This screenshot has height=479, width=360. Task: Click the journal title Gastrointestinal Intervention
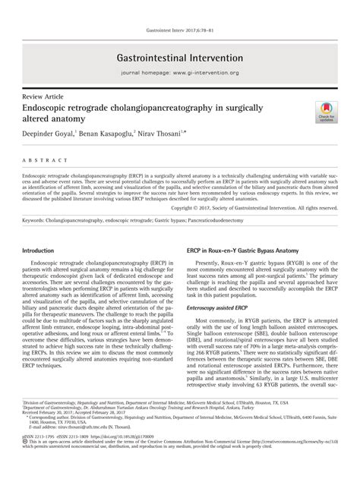[179, 57]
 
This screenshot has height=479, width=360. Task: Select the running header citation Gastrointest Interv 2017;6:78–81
[179, 31]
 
